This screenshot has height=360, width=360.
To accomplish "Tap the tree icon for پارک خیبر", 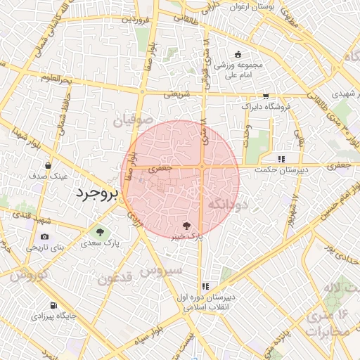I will pos(186,225).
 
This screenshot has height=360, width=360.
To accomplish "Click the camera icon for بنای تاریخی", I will pos(45,237).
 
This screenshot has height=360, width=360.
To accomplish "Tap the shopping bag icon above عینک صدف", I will pos(48,166).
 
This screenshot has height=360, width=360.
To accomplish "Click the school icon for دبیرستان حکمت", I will pos(282,159).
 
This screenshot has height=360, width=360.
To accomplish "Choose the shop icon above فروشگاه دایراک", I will pos(266,96).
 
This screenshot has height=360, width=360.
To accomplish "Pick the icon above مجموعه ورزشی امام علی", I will pos(238,55).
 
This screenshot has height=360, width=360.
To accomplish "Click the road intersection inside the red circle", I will pos(202,167).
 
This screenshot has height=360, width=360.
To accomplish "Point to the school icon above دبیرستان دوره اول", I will pos(205,286).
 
